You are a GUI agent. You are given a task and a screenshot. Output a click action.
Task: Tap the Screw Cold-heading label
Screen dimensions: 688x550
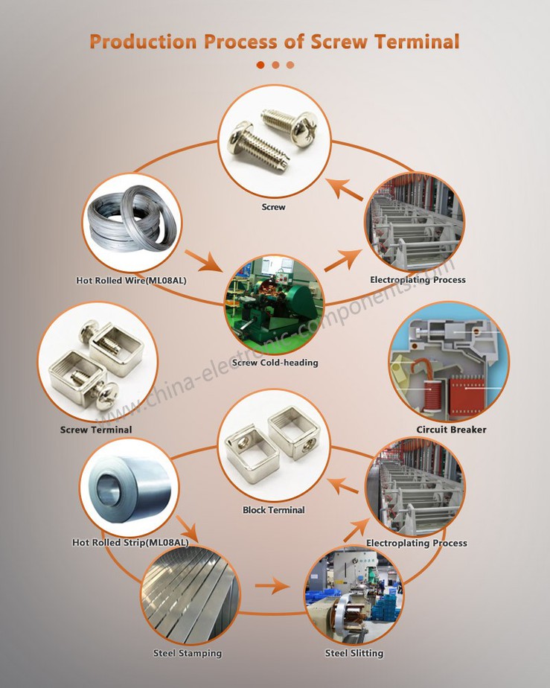[x=275, y=363]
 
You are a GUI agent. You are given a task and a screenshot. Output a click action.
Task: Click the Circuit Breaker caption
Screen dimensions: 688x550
[x=451, y=430]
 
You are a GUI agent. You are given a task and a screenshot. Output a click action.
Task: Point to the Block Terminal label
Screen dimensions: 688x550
[x=274, y=510]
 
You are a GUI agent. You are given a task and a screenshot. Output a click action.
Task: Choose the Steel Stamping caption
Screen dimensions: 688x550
[x=188, y=653]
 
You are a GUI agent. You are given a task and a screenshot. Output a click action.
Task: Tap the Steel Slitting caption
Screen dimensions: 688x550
[x=354, y=653]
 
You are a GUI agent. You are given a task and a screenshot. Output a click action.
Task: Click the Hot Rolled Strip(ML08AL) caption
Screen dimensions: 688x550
[x=130, y=543]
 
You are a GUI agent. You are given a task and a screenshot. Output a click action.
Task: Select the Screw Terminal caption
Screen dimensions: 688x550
[x=96, y=430]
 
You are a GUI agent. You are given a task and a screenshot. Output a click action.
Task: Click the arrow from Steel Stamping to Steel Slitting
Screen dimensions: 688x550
[x=272, y=587]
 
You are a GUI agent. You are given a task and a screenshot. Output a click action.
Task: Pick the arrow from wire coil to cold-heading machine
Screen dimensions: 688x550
[x=204, y=261]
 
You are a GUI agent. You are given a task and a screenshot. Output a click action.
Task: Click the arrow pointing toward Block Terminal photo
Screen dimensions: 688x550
[x=343, y=485]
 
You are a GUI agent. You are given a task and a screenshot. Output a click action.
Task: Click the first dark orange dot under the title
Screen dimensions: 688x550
[x=260, y=65]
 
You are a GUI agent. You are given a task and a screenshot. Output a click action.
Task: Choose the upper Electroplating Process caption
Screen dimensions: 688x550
[x=418, y=280]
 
